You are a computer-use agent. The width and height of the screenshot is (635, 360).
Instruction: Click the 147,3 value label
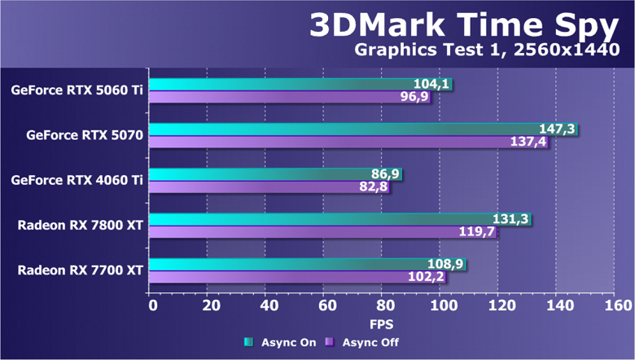click(x=558, y=129)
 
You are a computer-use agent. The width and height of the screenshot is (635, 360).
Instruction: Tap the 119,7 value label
click(x=478, y=232)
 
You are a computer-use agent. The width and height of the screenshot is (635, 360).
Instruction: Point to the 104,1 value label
click(x=432, y=84)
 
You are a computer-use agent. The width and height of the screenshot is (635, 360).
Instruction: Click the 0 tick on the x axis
click(x=153, y=305)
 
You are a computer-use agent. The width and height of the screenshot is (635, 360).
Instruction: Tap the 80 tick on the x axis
click(x=386, y=305)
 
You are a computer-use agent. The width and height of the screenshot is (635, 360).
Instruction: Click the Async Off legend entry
click(x=362, y=342)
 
